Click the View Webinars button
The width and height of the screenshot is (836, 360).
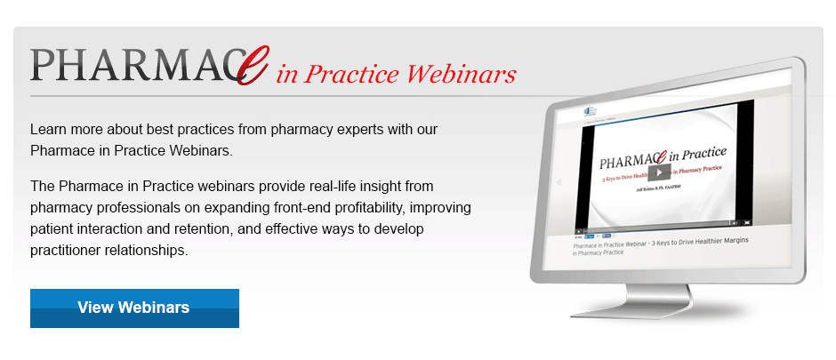tap(134, 308)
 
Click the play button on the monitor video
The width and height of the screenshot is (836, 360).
tap(658, 172)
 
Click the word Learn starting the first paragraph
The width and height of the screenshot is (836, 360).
tap(50, 129)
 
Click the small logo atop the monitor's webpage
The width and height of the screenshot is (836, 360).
tap(588, 113)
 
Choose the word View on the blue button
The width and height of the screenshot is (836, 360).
tap(93, 308)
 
